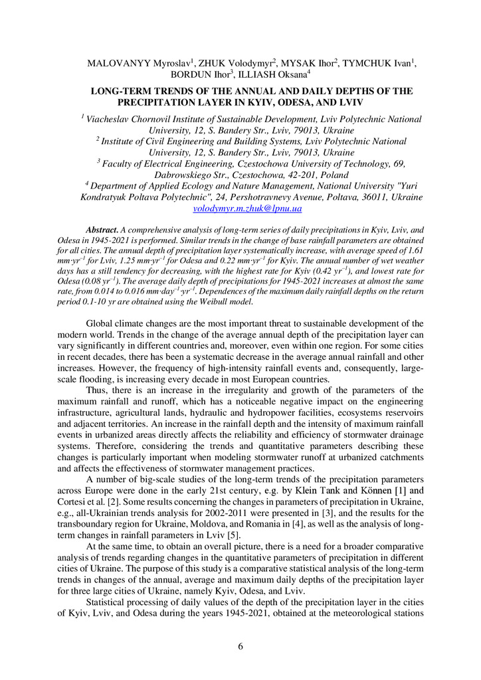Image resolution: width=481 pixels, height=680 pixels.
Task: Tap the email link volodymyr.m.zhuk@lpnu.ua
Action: [x=247, y=209]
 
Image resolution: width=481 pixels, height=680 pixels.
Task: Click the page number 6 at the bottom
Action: [x=241, y=647]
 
